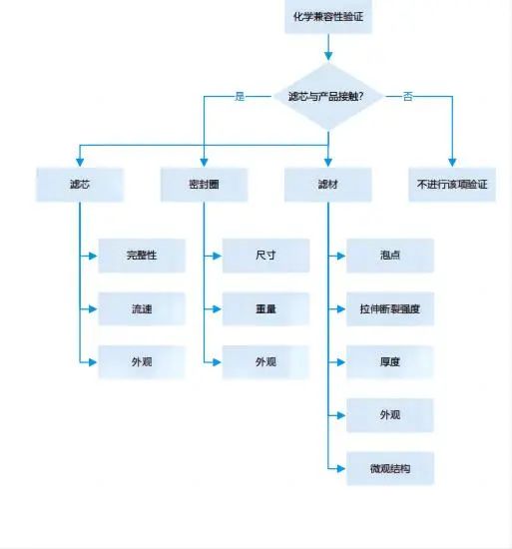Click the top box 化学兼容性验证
coord(328,17)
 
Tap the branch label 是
coord(240,97)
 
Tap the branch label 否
coord(408,97)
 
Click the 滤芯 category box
coord(79,185)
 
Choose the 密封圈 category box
coord(204,185)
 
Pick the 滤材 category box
coord(328,185)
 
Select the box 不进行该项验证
coord(452,185)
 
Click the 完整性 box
coord(142,256)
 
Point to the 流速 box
coord(142,309)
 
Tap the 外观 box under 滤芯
coord(142,361)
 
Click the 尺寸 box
coord(265,256)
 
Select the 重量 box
coord(265,309)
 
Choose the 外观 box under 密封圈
coord(265,361)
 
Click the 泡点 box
coord(390,256)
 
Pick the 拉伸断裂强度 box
coord(390,309)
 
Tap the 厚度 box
coord(390,361)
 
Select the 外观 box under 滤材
coord(390,414)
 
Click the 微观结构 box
coord(390,468)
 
